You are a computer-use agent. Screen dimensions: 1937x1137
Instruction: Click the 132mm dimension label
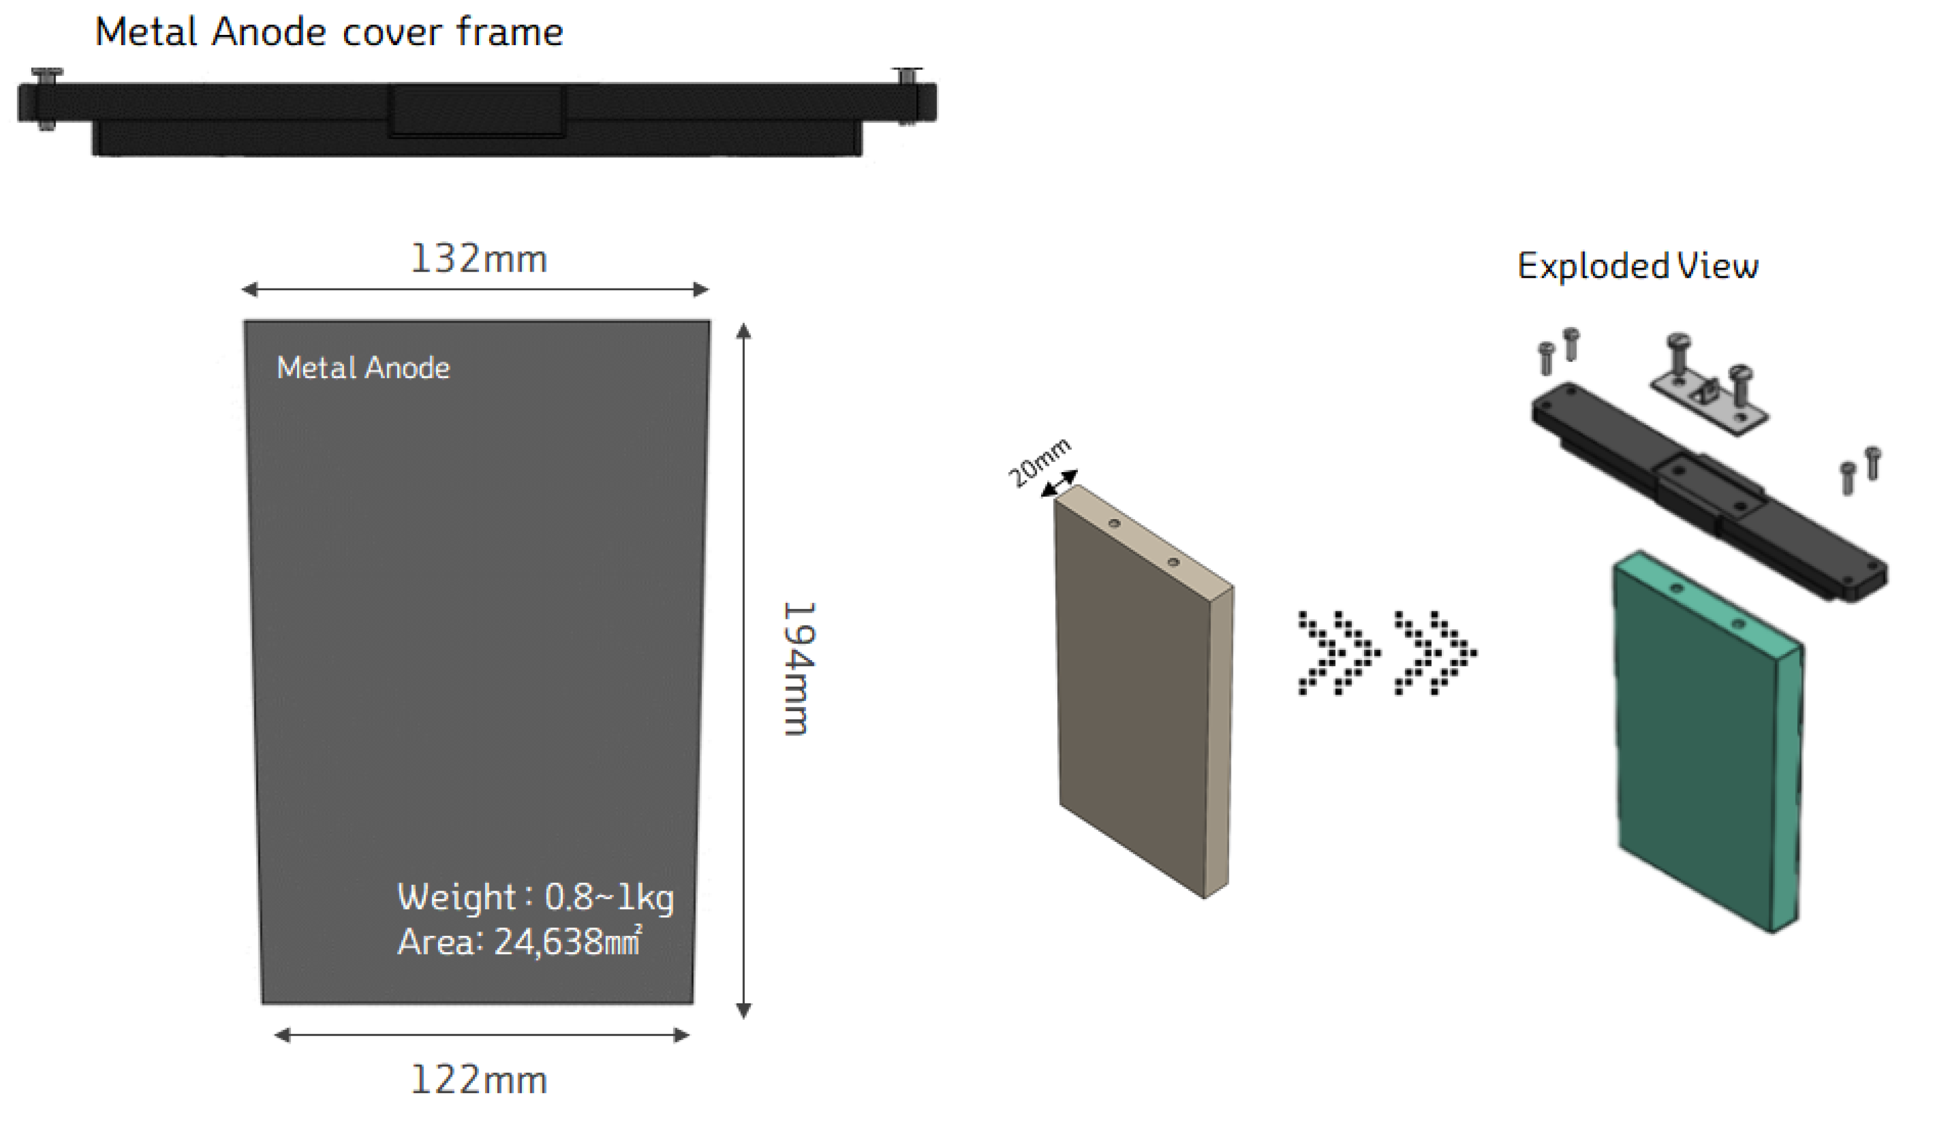479,259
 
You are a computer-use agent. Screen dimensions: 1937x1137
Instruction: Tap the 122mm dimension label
479,1080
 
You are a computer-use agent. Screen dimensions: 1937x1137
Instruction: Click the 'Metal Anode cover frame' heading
329,33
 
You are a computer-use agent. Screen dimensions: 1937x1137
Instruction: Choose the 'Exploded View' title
1637,266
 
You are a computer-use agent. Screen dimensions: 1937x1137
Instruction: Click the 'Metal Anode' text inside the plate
363,368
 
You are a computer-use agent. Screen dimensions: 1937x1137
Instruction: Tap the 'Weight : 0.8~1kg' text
536,897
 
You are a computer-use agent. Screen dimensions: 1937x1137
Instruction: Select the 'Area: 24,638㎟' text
519,942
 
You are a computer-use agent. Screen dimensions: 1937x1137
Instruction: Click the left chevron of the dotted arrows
1339,653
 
